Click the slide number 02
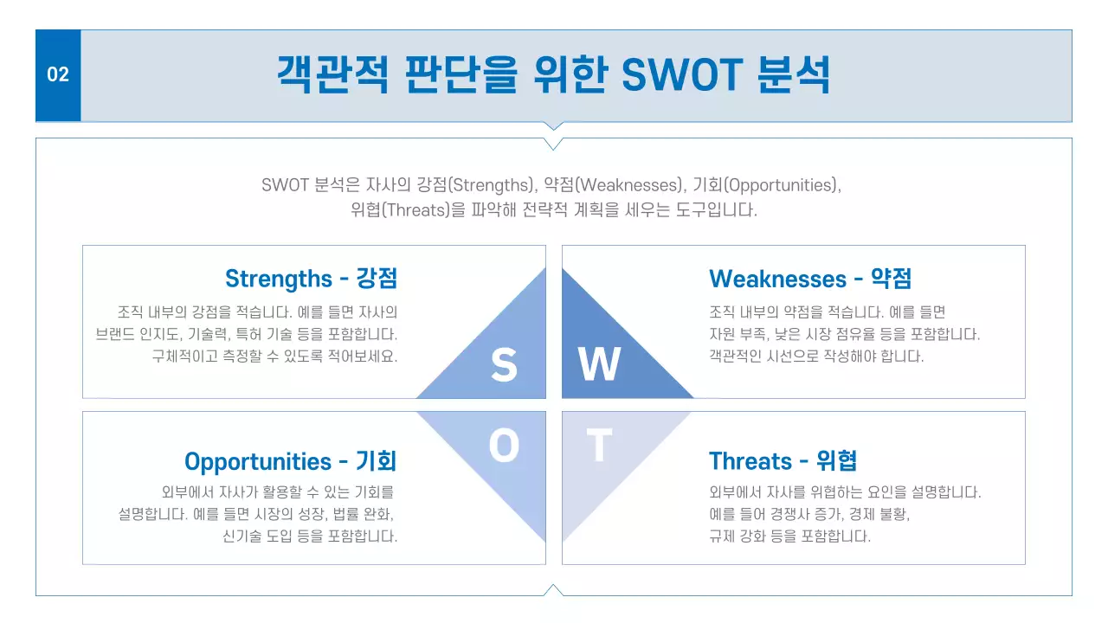[58, 74]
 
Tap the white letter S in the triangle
[504, 365]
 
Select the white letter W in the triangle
[599, 365]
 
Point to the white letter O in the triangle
[504, 446]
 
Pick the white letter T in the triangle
[599, 446]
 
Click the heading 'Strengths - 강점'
[311, 279]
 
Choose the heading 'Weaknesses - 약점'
[810, 279]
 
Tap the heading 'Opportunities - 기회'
[290, 461]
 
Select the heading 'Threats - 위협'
[783, 461]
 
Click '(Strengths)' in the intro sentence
[491, 185]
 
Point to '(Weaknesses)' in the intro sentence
[630, 185]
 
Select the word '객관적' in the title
[332, 74]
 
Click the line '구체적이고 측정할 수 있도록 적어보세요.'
[274, 356]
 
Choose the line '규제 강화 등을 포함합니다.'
[789, 536]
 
